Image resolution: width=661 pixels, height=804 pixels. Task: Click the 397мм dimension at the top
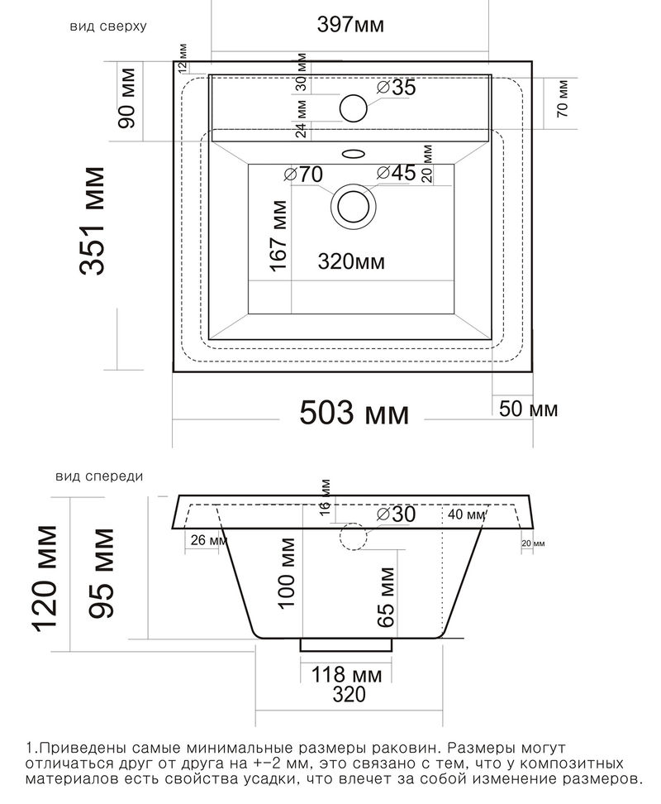[x=350, y=24]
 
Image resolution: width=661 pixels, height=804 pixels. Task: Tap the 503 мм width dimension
[x=354, y=413]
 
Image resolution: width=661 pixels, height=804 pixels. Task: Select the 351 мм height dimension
[x=93, y=221]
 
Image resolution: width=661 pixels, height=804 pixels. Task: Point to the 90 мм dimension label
[x=126, y=98]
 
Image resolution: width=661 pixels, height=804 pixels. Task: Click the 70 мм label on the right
[x=562, y=98]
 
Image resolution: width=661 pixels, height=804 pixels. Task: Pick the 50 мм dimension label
[x=529, y=409]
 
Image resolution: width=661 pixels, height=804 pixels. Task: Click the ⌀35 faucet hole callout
[x=396, y=87]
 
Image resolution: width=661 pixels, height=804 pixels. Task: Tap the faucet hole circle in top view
[x=354, y=108]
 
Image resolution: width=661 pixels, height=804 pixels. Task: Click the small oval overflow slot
[x=354, y=153]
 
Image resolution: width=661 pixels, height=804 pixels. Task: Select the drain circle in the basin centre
[x=354, y=206]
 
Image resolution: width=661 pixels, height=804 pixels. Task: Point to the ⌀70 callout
[x=303, y=175]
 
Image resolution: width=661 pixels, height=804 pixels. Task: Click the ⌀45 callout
[x=396, y=173]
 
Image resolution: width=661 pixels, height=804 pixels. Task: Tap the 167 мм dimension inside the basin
[x=278, y=236]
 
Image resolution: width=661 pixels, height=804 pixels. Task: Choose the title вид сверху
[x=108, y=26]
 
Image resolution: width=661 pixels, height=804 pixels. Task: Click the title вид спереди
[x=99, y=476]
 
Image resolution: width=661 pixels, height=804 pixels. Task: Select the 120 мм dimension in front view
[x=45, y=578]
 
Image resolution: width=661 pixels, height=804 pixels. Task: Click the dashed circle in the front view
[x=354, y=536]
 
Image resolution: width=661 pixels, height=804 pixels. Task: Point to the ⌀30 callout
[x=396, y=514]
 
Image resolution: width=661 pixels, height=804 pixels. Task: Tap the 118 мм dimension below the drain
[x=347, y=674]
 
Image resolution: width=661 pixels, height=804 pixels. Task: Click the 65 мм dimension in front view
[x=387, y=597]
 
